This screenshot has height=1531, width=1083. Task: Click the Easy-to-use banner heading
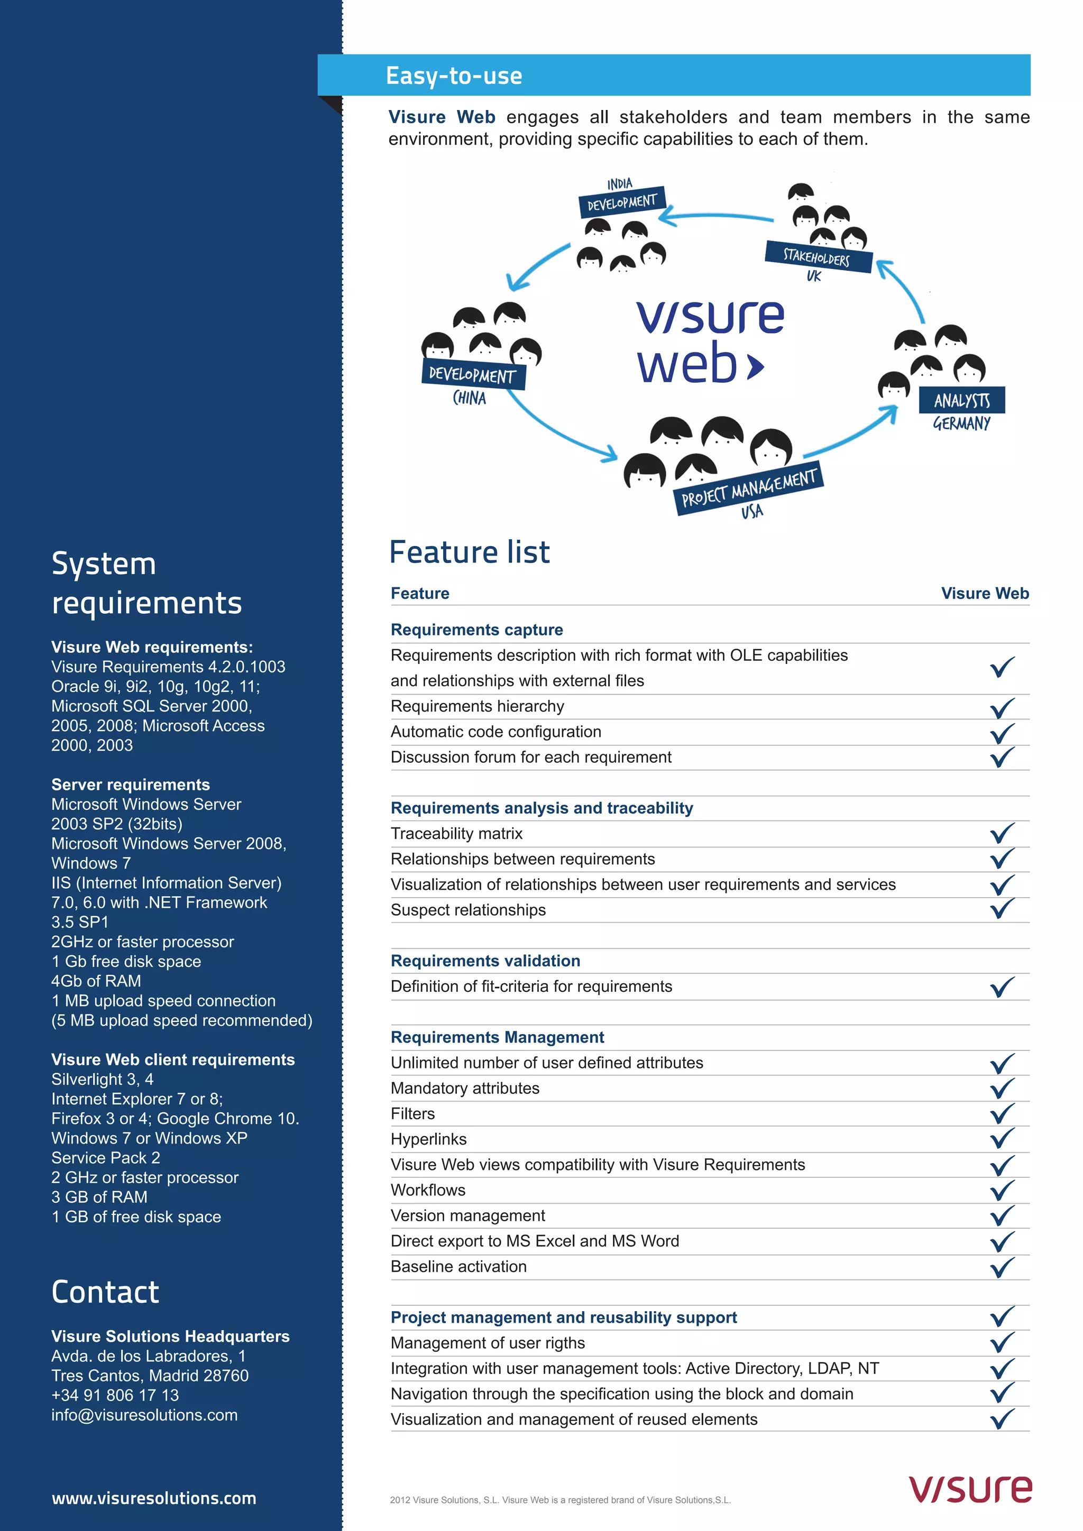454,76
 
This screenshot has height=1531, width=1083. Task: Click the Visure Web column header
984,594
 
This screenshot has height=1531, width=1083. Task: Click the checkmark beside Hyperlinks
1002,1138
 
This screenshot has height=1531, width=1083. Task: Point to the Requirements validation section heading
485,961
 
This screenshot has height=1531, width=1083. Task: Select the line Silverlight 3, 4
102,1079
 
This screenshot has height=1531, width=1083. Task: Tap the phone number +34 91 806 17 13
115,1395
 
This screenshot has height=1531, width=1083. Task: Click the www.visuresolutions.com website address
153,1498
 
